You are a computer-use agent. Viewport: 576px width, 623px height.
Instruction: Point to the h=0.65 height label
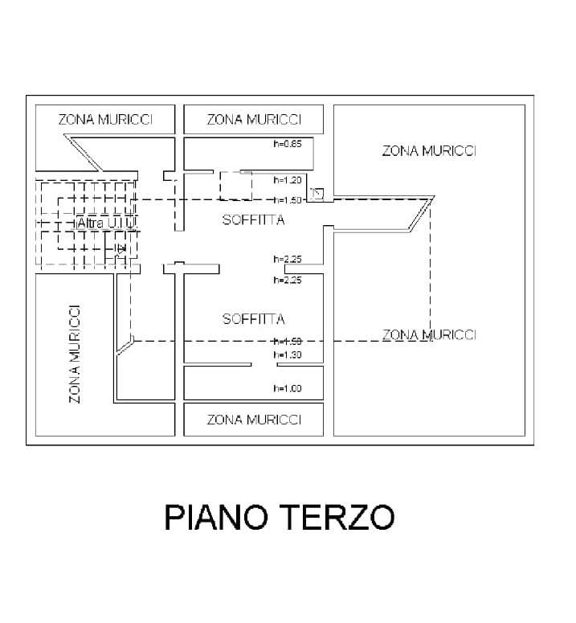coord(287,145)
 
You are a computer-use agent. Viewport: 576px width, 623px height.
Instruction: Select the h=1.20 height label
coord(287,180)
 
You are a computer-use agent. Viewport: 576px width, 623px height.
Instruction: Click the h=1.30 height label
coord(287,355)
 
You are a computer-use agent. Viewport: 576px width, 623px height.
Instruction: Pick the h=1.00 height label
coord(287,388)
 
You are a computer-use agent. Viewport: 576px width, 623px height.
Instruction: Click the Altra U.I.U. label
coord(105,221)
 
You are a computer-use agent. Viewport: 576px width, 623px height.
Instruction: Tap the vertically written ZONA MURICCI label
coord(74,354)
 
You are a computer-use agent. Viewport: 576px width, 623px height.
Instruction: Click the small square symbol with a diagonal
coord(317,193)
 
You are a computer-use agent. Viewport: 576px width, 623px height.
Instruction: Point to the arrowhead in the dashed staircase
coord(121,250)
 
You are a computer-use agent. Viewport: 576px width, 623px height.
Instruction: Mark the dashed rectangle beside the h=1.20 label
coord(235,186)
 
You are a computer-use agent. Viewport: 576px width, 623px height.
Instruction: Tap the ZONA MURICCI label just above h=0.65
coord(253,120)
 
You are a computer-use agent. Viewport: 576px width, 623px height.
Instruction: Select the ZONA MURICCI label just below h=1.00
coord(253,420)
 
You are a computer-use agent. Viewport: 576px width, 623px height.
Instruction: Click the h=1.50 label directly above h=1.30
coord(287,342)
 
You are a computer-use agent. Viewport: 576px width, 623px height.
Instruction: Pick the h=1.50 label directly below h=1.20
coord(287,200)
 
